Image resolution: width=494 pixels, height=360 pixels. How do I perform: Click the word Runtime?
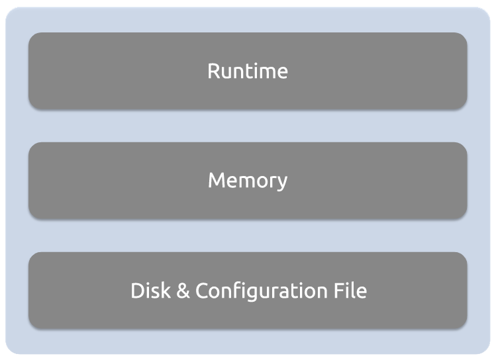click(248, 71)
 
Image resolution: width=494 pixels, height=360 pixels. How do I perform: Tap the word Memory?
click(248, 180)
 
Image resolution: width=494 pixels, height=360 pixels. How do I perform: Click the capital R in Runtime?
click(214, 71)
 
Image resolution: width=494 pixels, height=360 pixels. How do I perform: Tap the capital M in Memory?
click(217, 180)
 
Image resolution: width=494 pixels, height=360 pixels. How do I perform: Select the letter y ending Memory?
click(283, 183)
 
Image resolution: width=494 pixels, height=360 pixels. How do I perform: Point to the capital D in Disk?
click(137, 291)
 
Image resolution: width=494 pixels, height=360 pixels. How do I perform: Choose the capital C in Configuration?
click(201, 291)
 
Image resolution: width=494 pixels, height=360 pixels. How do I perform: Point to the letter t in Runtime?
click(250, 71)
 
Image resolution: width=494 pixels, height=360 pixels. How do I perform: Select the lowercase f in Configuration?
click(235, 290)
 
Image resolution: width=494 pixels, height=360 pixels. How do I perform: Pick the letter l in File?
click(352, 290)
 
